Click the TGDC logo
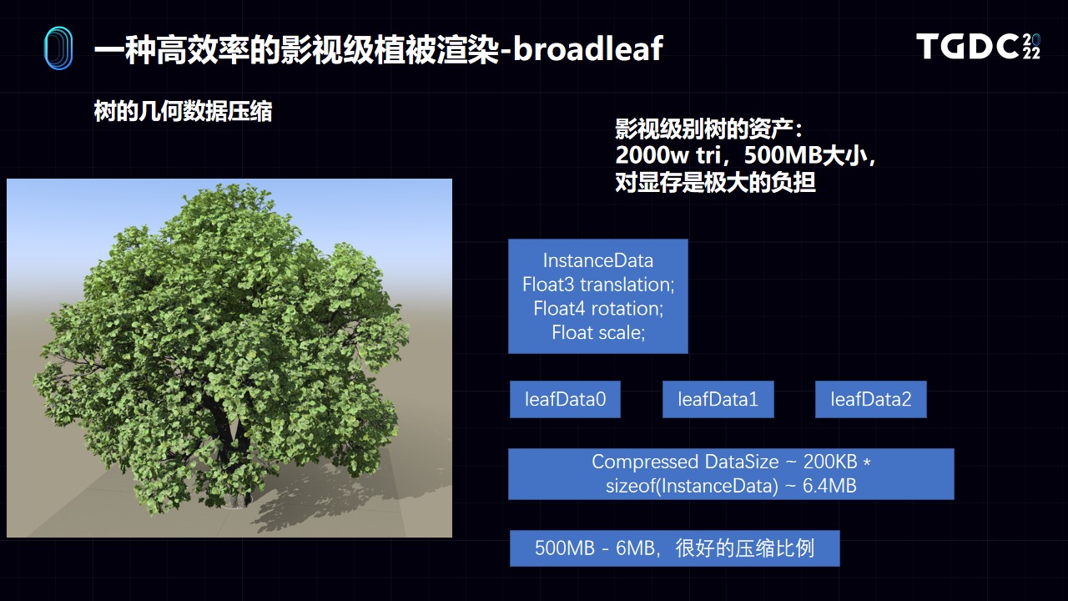pyautogui.click(x=978, y=46)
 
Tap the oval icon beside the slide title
pyautogui.click(x=58, y=48)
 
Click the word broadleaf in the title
pyautogui.click(x=588, y=48)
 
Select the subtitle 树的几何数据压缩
pyautogui.click(x=183, y=112)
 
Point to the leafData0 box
pyautogui.click(x=565, y=399)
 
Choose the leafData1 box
pyautogui.click(x=718, y=399)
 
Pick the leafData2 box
pyautogui.click(x=871, y=399)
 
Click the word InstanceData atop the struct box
pyautogui.click(x=598, y=260)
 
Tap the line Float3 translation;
pyautogui.click(x=598, y=285)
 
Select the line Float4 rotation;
pyautogui.click(x=598, y=309)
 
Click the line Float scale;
pyautogui.click(x=598, y=332)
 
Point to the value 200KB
pyautogui.click(x=830, y=462)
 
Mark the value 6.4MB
pyautogui.click(x=829, y=486)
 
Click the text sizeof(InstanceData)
pyautogui.click(x=692, y=486)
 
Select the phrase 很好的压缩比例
pyautogui.click(x=745, y=548)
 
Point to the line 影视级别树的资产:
pyautogui.click(x=708, y=129)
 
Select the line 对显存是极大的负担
pyautogui.click(x=715, y=182)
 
